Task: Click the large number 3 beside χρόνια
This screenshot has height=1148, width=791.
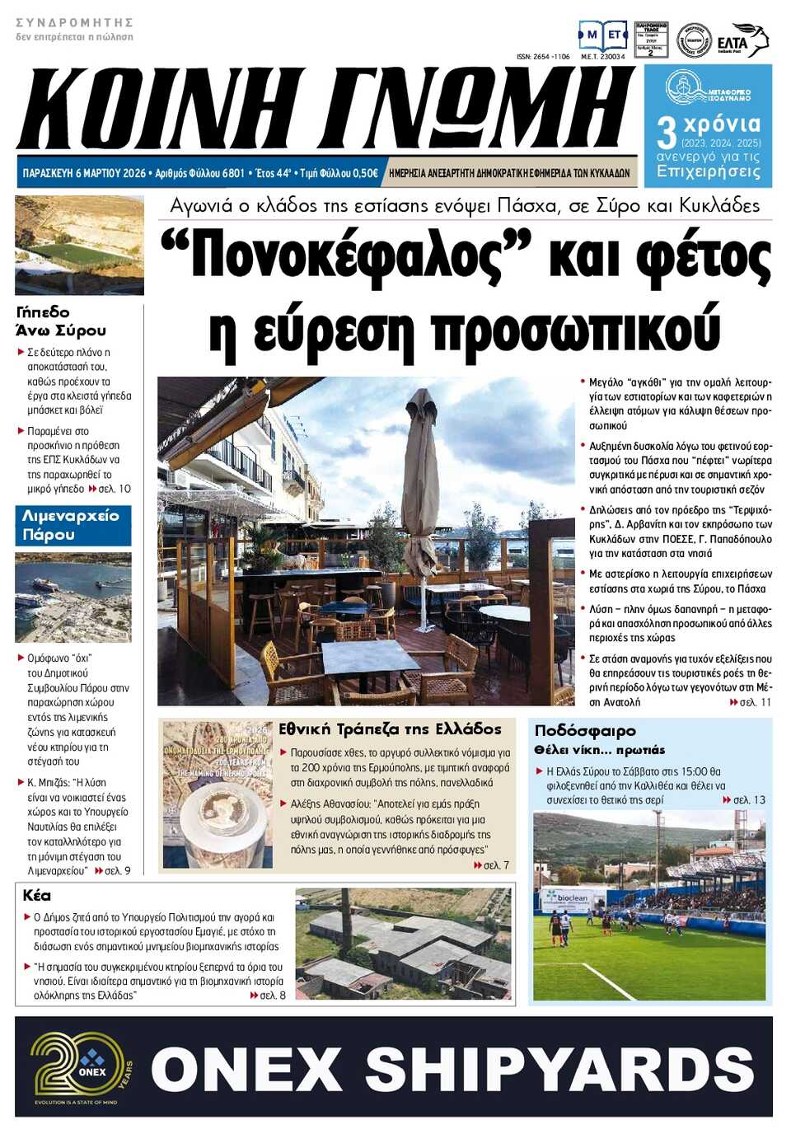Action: [x=667, y=132]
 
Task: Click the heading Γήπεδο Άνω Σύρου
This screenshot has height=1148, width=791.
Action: [x=61, y=321]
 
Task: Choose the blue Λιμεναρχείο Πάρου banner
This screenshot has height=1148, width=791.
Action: [x=73, y=526]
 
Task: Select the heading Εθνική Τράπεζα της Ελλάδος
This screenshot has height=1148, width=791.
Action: [x=390, y=729]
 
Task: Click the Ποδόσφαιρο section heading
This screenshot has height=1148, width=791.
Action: [x=585, y=730]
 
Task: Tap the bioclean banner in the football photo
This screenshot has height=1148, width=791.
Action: [x=566, y=897]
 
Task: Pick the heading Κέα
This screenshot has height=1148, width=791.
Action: [x=37, y=895]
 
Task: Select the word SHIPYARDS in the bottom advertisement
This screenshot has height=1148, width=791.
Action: [x=560, y=1069]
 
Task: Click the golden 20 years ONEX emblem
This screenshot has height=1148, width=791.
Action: [x=80, y=1068]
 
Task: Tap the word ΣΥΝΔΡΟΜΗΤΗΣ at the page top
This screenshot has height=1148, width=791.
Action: [x=74, y=22]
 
